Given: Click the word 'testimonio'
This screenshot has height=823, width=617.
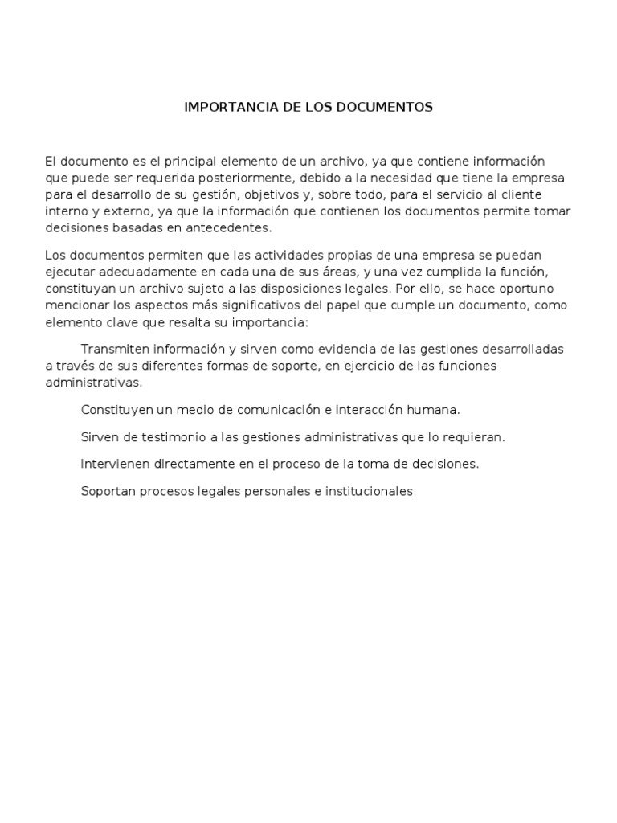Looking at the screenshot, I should click(152, 437).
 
